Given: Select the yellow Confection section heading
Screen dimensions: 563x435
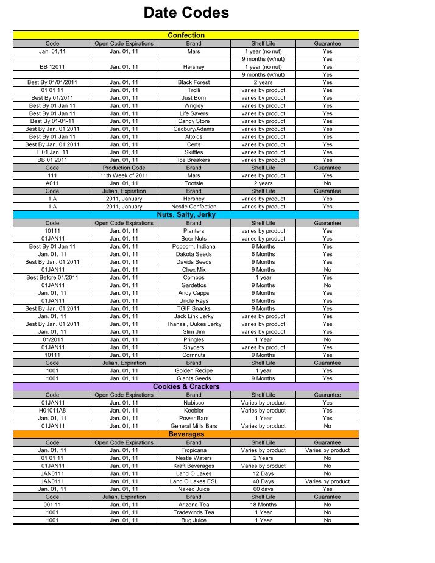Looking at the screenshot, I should [186, 35].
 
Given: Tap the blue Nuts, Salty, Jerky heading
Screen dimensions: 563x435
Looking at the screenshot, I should [186, 215].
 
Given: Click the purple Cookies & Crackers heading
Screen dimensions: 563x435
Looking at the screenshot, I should [186, 386].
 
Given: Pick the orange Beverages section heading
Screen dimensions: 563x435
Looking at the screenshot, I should [186, 434].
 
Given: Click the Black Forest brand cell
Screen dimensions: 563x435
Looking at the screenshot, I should [194, 82].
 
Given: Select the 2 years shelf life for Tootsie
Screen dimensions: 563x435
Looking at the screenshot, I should [263, 183].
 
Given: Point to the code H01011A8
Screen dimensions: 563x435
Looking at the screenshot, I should [52, 411].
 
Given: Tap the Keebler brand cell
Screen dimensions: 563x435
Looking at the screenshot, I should [194, 411].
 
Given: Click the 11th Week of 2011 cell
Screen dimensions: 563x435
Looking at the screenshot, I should [124, 175].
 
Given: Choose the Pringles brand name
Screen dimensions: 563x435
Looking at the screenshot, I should [194, 339].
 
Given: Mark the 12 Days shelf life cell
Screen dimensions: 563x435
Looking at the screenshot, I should [263, 473].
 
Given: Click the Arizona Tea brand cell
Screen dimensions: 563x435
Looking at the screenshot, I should [194, 505].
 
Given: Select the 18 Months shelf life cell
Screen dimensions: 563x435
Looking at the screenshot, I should [263, 505].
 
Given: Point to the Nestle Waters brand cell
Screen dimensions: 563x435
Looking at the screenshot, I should [194, 458].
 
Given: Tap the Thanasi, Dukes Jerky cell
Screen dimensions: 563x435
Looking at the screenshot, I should [194, 324].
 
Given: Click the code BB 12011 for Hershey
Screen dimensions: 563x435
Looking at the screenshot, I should [52, 67].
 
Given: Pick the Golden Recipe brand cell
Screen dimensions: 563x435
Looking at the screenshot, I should [194, 370].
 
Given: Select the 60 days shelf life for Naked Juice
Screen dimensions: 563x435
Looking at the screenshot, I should [263, 489].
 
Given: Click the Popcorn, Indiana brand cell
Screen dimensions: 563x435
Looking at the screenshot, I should [194, 246].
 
